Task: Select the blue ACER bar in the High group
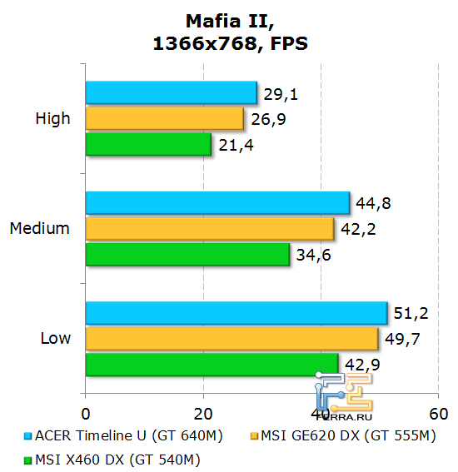(171, 93)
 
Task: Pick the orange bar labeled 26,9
(164, 119)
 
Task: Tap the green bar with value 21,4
(148, 145)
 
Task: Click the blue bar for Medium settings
(217, 203)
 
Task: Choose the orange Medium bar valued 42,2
(210, 228)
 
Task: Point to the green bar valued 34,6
(187, 254)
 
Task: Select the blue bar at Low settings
(236, 313)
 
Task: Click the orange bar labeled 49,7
(232, 339)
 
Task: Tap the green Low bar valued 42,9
(212, 365)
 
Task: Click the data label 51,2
(411, 313)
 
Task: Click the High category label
(52, 119)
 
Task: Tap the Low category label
(55, 338)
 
